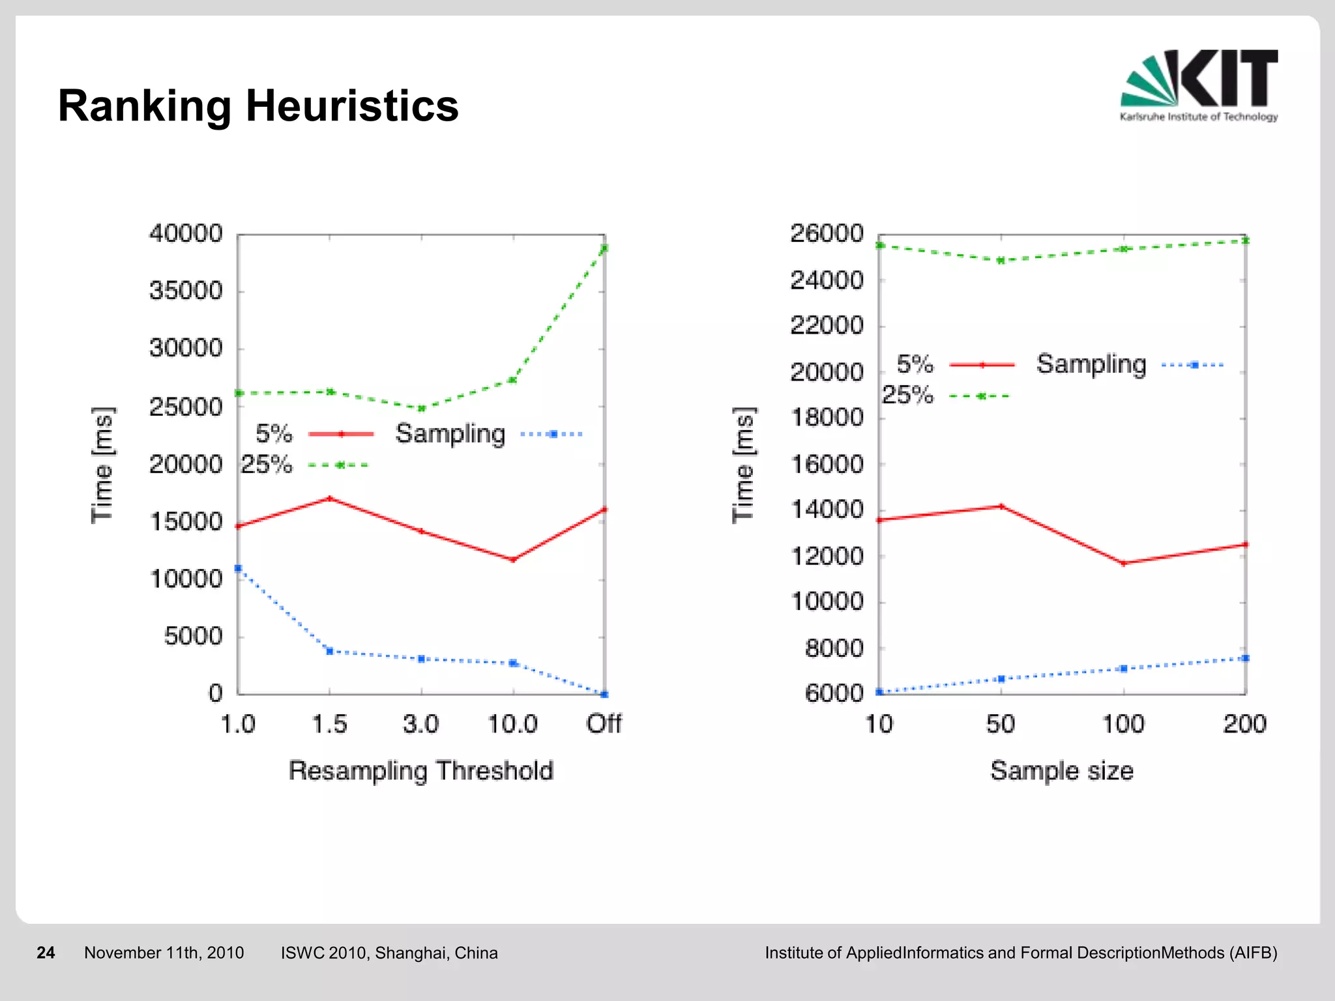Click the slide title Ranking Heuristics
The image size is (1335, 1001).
point(258,106)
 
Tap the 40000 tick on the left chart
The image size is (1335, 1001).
point(186,233)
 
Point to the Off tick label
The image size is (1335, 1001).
point(604,723)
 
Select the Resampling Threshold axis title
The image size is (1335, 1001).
point(421,770)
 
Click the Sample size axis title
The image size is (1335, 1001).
point(1062,770)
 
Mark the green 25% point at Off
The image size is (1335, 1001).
point(604,248)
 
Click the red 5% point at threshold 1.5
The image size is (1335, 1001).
point(330,499)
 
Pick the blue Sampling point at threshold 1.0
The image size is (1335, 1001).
point(238,568)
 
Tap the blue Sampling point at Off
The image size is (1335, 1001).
point(604,694)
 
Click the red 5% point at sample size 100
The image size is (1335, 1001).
point(1123,563)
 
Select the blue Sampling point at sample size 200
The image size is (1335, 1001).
point(1245,658)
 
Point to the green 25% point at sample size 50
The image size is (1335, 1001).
point(1001,261)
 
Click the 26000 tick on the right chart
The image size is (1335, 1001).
point(827,233)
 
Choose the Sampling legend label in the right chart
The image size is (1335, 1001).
point(1091,364)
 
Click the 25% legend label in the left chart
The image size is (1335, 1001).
point(266,465)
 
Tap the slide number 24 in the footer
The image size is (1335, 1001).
point(46,953)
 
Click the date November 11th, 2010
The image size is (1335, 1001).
point(164,953)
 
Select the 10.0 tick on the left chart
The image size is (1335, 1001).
point(512,723)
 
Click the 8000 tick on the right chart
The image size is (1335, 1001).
point(834,648)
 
